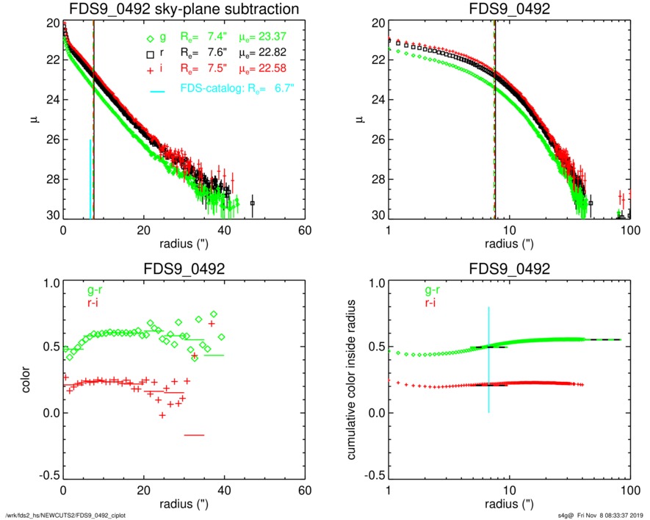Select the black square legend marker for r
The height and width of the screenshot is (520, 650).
150,54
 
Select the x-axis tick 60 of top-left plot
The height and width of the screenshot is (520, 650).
305,230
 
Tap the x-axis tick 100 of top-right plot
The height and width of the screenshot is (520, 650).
630,230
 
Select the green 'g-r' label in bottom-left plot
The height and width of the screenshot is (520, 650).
94,290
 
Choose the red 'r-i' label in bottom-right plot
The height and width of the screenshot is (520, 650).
419,302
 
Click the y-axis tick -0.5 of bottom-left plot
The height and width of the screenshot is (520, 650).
48,477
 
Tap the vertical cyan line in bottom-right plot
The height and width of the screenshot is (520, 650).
489,360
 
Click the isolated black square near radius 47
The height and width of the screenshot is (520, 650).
253,203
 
